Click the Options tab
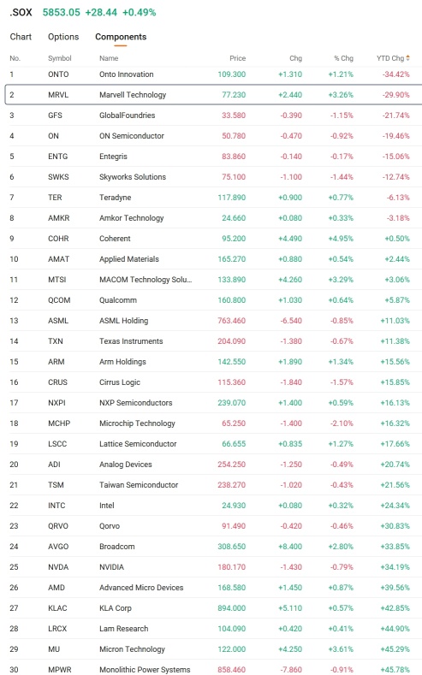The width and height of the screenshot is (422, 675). click(x=63, y=37)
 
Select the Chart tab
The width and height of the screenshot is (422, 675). click(x=21, y=37)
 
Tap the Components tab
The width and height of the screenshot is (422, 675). click(x=121, y=37)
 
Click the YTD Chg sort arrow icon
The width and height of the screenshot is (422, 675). click(x=407, y=58)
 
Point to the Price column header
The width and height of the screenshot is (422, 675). click(x=237, y=58)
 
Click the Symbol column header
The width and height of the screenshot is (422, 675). click(x=59, y=58)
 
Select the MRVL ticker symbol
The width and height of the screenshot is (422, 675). click(x=58, y=95)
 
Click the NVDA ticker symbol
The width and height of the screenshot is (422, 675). click(x=58, y=567)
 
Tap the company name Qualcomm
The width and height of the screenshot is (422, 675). click(x=118, y=300)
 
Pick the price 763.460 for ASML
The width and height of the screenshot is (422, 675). click(x=232, y=321)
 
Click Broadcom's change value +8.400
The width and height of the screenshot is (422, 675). click(x=290, y=547)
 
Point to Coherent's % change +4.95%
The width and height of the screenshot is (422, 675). click(x=341, y=239)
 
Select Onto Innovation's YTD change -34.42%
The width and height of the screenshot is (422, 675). click(x=395, y=74)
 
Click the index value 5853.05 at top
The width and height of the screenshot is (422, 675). click(x=61, y=13)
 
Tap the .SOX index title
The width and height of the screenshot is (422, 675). click(x=21, y=13)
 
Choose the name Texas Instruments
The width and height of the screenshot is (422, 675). click(x=131, y=341)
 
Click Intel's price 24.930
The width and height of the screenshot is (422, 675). click(x=234, y=506)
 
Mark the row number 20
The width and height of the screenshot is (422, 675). click(x=15, y=465)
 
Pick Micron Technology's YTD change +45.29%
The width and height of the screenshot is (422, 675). click(x=395, y=649)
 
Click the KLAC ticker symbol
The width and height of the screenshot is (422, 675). click(x=57, y=608)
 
